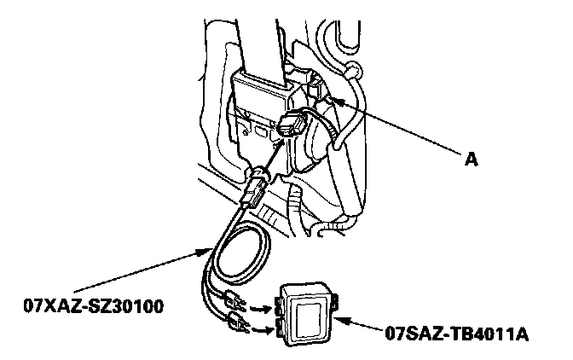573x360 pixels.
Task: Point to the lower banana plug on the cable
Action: (236, 323)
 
